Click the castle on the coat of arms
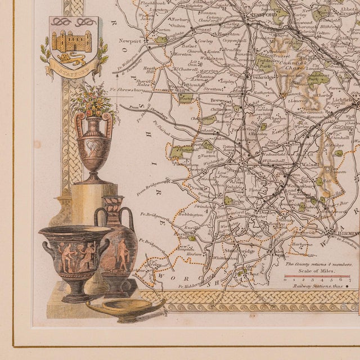(x=71, y=41)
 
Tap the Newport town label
(x=130, y=41)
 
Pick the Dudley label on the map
(x=264, y=212)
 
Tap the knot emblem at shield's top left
(x=58, y=22)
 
